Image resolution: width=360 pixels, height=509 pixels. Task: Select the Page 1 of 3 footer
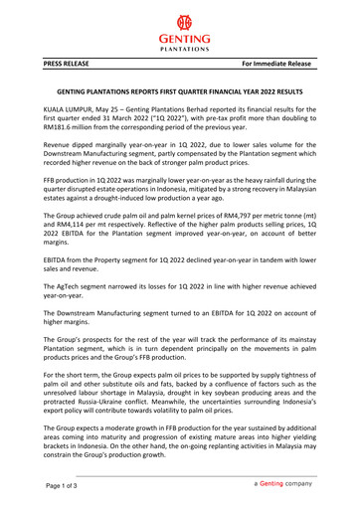[x=54, y=486]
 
